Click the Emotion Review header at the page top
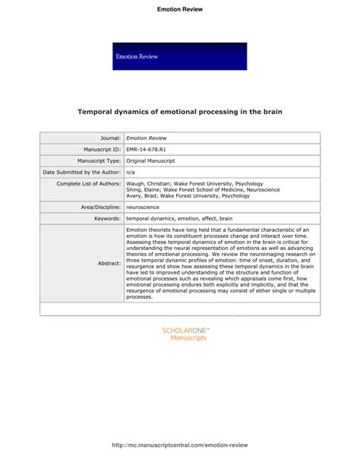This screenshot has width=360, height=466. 179,9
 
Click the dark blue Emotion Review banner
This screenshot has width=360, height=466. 179,56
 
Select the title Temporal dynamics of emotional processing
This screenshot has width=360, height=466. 180,112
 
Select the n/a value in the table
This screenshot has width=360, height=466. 131,173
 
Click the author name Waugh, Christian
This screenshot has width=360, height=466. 152,184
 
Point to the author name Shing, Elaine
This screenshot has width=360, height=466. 145,190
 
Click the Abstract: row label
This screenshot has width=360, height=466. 109,262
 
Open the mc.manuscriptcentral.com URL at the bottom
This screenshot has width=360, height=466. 180,445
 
